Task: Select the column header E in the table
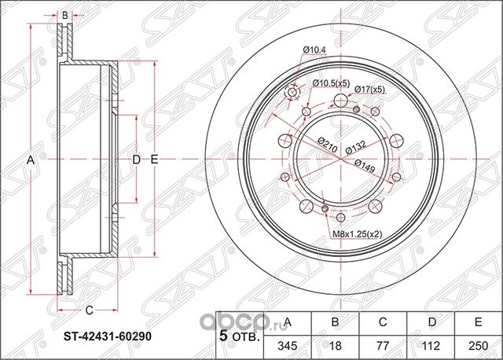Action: pyautogui.click(x=478, y=321)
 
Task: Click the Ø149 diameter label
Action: pyautogui.click(x=363, y=163)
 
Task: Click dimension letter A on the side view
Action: pyautogui.click(x=31, y=160)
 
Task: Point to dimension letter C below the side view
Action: pyautogui.click(x=89, y=308)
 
